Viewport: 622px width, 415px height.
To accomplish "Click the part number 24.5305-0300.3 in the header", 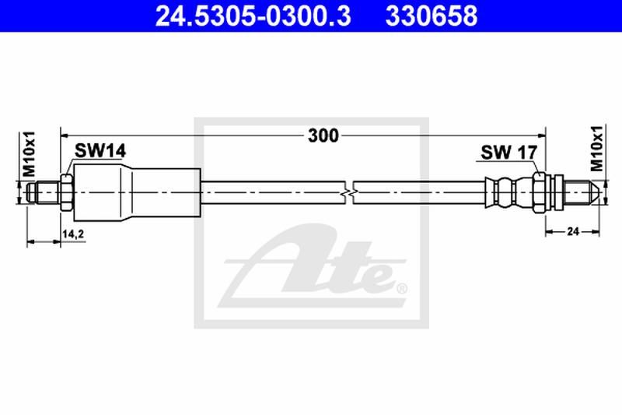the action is [253, 16].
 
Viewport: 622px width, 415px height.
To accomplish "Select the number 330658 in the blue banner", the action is [432, 16].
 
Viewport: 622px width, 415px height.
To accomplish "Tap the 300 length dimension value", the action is [323, 135].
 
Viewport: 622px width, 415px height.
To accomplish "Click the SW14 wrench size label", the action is [100, 151].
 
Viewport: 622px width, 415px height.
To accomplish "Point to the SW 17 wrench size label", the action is [509, 153].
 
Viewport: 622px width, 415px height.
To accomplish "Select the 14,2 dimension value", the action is [73, 234].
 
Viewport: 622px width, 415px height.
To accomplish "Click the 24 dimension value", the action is [573, 231].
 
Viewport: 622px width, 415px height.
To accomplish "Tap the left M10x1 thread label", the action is [29, 153].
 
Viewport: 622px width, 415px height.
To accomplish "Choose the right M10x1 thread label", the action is [596, 148].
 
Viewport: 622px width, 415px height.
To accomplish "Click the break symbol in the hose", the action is [349, 193].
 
